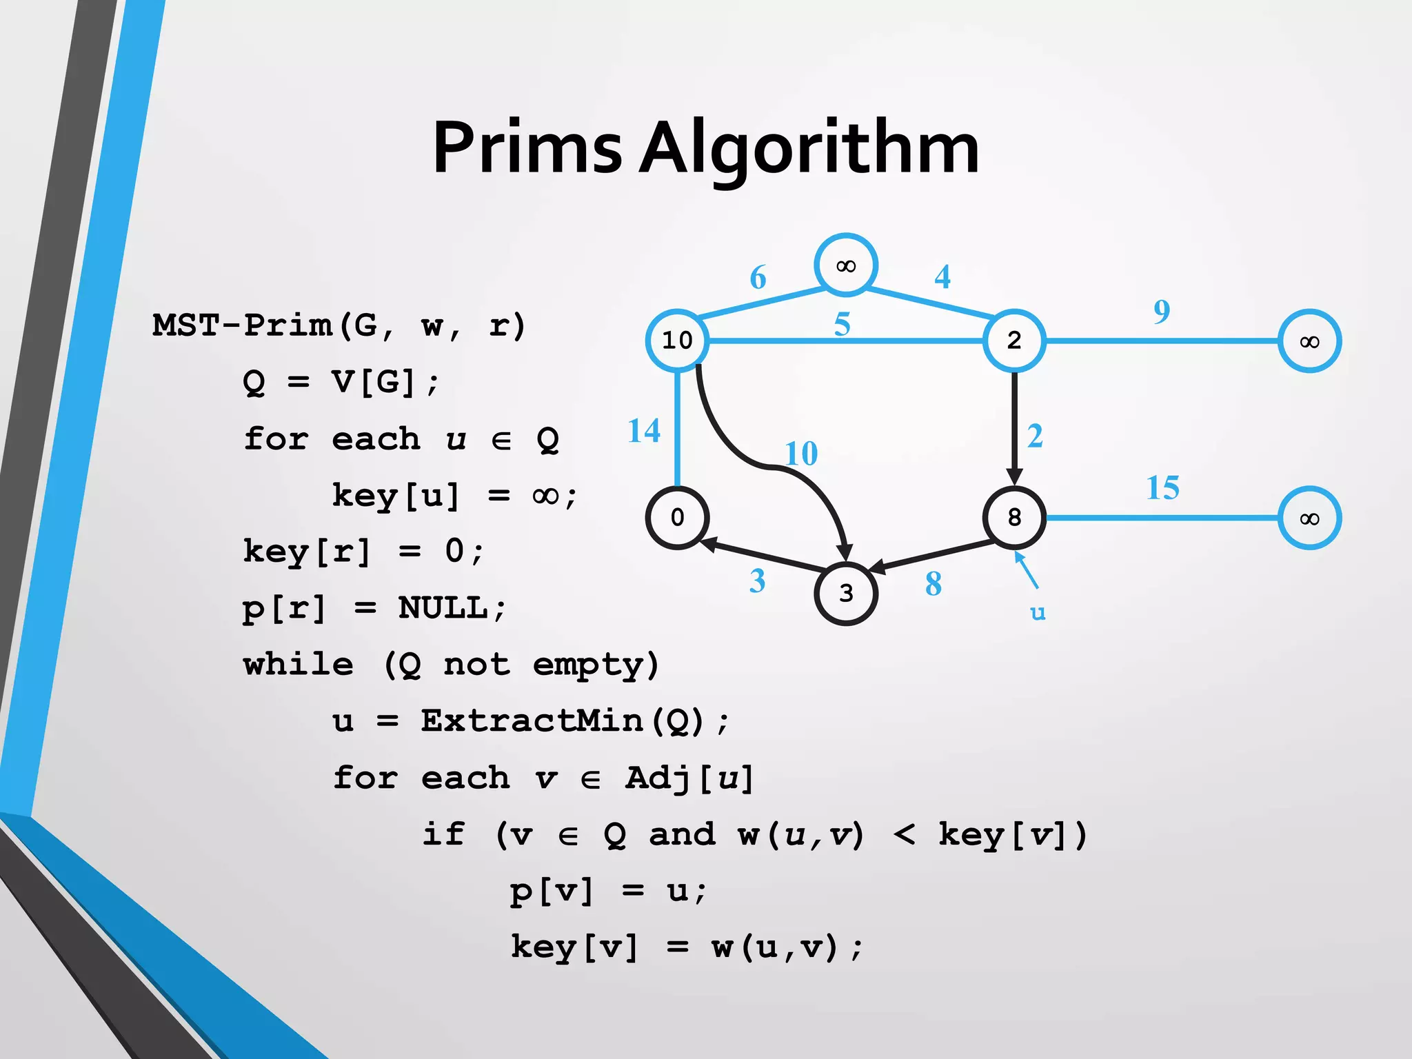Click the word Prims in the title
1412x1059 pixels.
pyautogui.click(x=527, y=148)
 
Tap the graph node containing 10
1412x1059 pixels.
pyautogui.click(x=677, y=341)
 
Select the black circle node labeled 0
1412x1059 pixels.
pyautogui.click(x=677, y=517)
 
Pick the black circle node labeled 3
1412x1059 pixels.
pyautogui.click(x=846, y=593)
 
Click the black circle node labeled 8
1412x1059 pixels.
pyautogui.click(x=1014, y=517)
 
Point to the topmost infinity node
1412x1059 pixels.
pyautogui.click(x=846, y=265)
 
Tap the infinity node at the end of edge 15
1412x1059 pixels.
pyautogui.click(x=1309, y=518)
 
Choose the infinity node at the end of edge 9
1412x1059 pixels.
pyautogui.click(x=1309, y=341)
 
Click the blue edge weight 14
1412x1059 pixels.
pyautogui.click(x=644, y=431)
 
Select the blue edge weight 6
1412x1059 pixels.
pyautogui.click(x=758, y=277)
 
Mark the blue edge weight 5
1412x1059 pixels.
pyautogui.click(x=842, y=324)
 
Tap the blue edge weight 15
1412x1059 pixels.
pyautogui.click(x=1162, y=488)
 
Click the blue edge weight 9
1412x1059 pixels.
pyautogui.click(x=1162, y=312)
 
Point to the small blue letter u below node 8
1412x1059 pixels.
pyautogui.click(x=1038, y=612)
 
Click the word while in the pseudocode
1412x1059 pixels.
pyautogui.click(x=298, y=665)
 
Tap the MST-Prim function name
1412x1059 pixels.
pyautogui.click(x=241, y=325)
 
